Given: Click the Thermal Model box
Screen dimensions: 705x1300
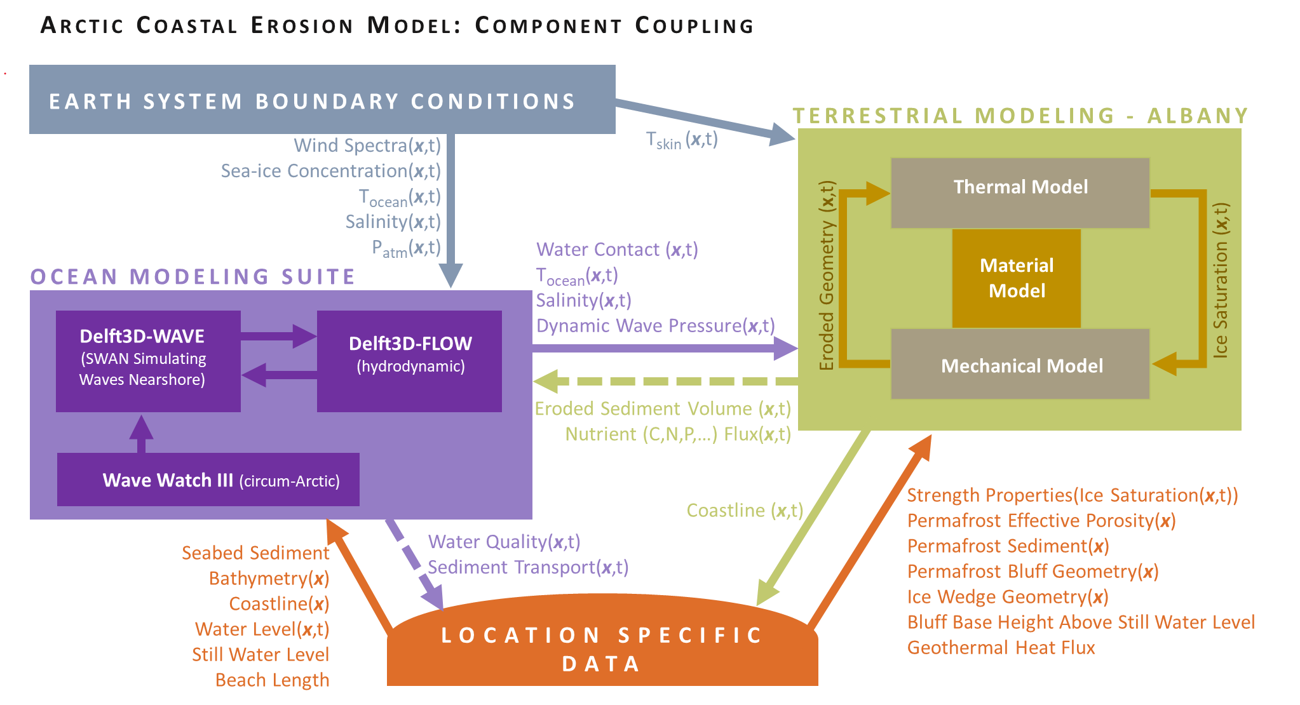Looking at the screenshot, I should [1020, 192].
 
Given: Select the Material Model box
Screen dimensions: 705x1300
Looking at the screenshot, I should [1016, 278].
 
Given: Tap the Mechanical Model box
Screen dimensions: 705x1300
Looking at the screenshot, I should [1020, 365].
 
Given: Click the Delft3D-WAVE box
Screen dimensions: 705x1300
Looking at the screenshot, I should [147, 360].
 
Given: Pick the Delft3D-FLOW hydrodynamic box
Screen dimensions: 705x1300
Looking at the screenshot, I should [409, 360].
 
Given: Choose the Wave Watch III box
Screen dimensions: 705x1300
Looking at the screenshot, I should [208, 480].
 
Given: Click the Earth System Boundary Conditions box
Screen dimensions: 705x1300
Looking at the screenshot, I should [322, 100].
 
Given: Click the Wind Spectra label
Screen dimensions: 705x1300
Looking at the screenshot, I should [367, 145].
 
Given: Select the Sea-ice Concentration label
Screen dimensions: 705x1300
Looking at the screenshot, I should [330, 171].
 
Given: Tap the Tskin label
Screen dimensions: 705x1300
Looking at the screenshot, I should [681, 140].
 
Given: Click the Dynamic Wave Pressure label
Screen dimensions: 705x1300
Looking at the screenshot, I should [655, 326].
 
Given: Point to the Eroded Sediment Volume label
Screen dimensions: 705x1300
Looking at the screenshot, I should [662, 408].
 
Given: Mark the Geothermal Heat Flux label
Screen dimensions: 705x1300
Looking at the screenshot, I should [1001, 647].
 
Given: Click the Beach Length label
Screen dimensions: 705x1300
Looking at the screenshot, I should [272, 680].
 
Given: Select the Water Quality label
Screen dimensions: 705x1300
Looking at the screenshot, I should [504, 541].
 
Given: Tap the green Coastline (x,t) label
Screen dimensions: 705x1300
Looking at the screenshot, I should [745, 510].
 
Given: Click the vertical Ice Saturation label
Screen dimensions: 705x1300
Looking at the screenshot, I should [1220, 280].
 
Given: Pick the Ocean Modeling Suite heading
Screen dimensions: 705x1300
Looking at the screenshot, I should [193, 277].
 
